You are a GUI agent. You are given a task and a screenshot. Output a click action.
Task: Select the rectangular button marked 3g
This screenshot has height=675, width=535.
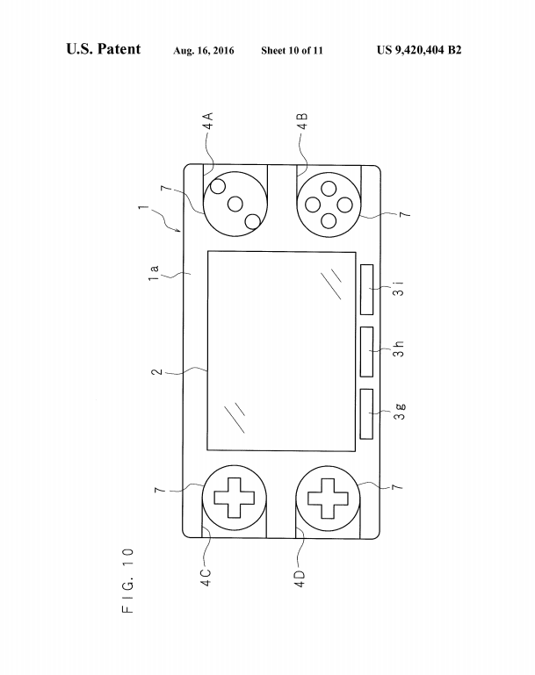367,414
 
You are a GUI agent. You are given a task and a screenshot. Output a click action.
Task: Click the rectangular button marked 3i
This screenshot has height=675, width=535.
367,290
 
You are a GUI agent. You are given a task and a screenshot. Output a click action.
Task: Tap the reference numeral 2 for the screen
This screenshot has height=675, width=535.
156,372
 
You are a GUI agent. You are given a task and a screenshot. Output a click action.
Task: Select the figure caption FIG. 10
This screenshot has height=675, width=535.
128,580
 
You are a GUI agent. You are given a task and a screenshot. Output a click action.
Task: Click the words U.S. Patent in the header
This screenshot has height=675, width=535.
103,49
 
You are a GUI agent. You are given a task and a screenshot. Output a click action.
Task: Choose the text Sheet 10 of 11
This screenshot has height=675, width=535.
292,50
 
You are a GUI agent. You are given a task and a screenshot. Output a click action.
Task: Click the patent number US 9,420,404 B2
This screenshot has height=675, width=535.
418,50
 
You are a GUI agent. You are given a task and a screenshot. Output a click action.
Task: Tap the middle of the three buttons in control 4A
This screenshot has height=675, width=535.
235,204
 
